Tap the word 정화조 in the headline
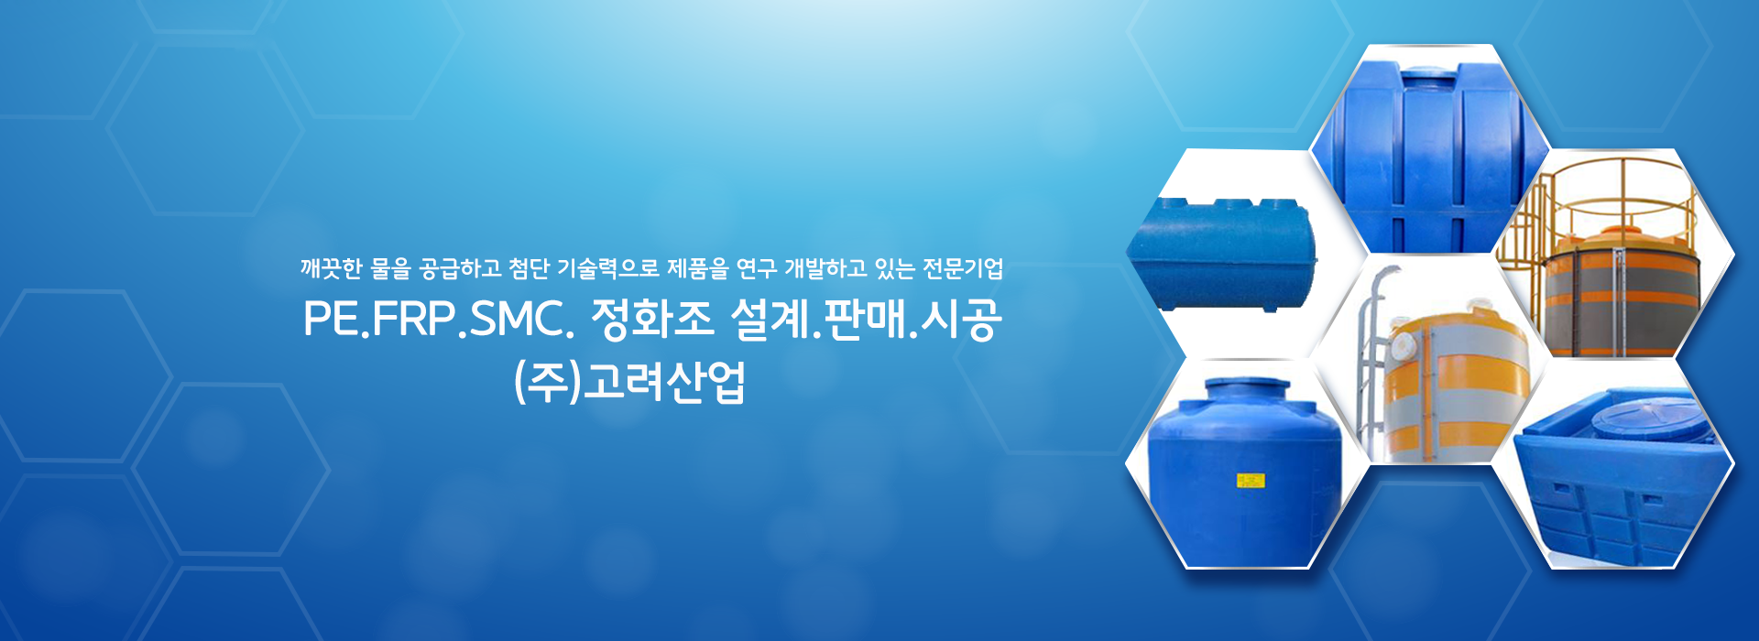(651, 319)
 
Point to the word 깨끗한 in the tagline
(332, 268)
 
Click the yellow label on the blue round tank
(1251, 481)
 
